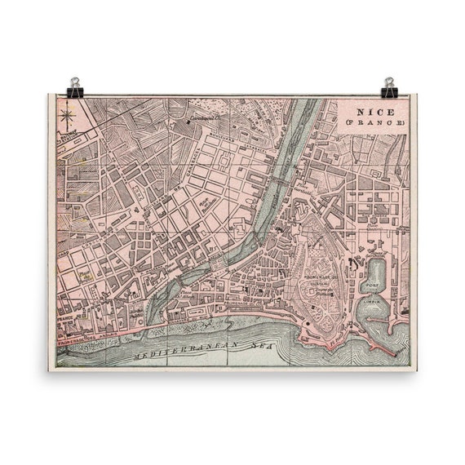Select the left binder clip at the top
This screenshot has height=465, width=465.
pyautogui.click(x=75, y=86)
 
